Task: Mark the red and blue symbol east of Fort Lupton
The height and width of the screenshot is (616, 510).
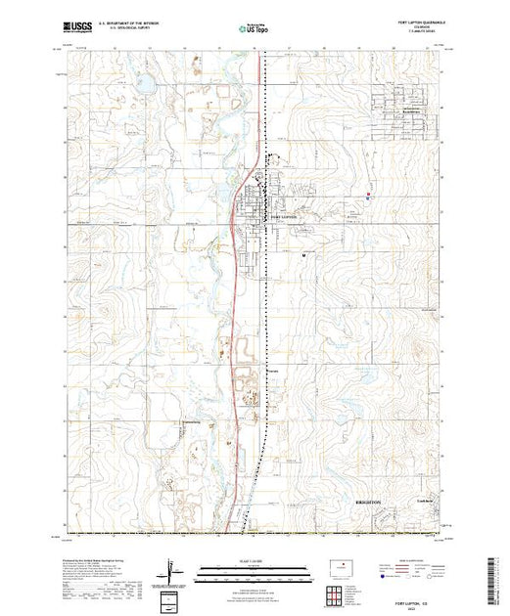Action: [367, 195]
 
